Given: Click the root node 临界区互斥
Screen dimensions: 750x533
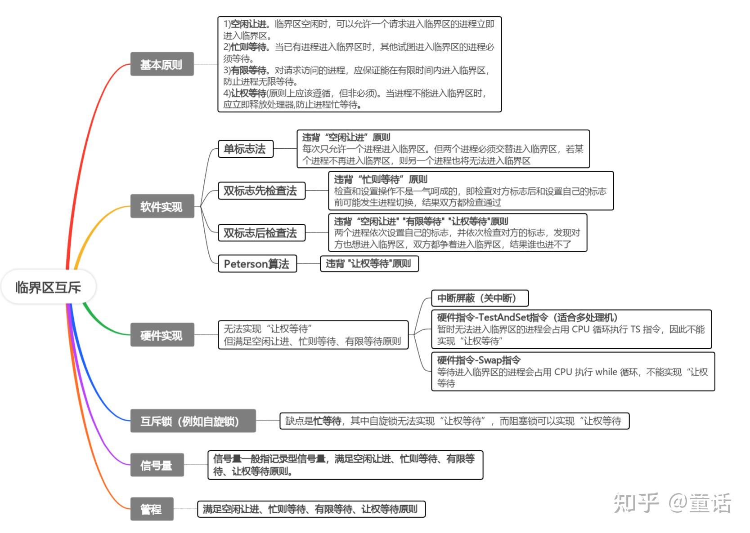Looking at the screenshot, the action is click(48, 287).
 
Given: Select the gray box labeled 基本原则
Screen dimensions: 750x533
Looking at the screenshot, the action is click(162, 64).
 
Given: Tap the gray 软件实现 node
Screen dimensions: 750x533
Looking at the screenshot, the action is click(162, 206).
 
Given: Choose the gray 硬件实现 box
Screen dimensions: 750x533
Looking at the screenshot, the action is click(162, 335).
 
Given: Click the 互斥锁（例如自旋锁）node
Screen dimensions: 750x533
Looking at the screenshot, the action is click(193, 421).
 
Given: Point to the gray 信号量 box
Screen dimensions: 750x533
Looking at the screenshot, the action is click(157, 465).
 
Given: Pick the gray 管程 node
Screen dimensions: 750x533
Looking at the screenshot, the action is click(152, 509).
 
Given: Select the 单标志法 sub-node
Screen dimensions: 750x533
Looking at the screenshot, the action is click(245, 149).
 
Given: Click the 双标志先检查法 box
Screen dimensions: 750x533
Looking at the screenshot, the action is click(261, 191).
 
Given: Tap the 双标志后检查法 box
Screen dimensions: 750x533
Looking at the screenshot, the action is click(261, 233).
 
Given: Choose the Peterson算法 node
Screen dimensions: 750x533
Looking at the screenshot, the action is click(257, 263).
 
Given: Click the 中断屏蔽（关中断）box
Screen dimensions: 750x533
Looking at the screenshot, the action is click(480, 298).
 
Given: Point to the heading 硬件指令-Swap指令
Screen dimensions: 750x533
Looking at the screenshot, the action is click(479, 360).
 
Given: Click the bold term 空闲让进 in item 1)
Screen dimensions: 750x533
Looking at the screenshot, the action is click(248, 24).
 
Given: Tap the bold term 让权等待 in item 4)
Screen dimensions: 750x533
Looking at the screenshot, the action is click(248, 93).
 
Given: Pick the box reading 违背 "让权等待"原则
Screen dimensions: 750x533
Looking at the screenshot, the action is click(369, 263).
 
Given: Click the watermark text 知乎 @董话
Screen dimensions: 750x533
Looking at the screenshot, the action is click(672, 502).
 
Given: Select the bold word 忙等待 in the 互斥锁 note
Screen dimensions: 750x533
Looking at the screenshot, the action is click(327, 421).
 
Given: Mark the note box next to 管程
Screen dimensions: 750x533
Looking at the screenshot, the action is click(311, 509).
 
